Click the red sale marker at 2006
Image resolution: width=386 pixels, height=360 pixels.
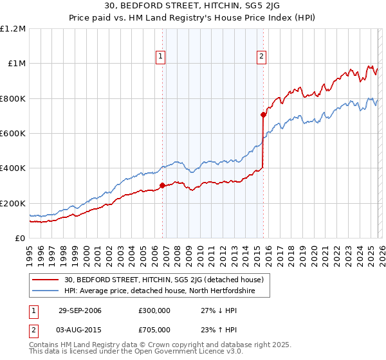162,186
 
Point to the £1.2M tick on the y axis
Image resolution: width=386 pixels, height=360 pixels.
13,29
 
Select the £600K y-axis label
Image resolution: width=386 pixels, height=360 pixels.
13,134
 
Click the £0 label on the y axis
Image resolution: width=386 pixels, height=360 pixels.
21,239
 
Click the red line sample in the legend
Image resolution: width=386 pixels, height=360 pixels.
46,280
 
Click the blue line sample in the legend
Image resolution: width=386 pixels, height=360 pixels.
46,291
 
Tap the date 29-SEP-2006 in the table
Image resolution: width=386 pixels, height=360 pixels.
80,310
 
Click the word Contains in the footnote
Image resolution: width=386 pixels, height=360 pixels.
44,345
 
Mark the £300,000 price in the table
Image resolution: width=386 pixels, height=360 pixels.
155,310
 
